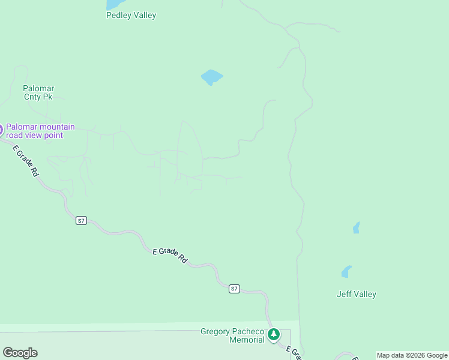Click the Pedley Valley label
click(x=131, y=16)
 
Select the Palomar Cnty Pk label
click(x=38, y=92)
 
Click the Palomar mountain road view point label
click(x=40, y=131)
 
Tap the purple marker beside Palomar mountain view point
click(x=1, y=129)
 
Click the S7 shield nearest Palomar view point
click(x=82, y=220)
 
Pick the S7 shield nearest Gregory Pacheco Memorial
click(x=234, y=289)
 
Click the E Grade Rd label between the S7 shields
click(x=170, y=256)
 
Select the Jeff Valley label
click(x=356, y=294)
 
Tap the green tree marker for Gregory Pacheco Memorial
click(x=274, y=334)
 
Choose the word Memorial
click(x=247, y=340)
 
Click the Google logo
click(x=20, y=353)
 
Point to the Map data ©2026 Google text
click(x=412, y=355)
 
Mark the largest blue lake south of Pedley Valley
click(x=211, y=77)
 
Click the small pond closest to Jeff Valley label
click(x=346, y=272)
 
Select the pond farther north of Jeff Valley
click(x=356, y=228)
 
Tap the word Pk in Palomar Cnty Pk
click(x=47, y=96)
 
